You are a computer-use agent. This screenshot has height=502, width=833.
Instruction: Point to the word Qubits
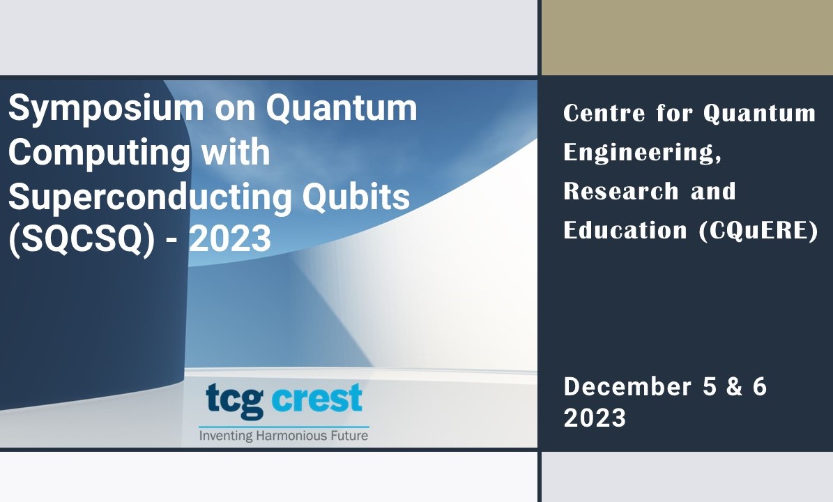[356, 197]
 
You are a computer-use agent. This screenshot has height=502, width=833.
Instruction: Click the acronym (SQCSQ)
[82, 239]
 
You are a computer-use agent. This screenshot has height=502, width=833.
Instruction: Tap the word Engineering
[642, 153]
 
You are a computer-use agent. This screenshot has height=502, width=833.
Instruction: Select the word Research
[621, 191]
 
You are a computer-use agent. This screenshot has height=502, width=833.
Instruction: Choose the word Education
[625, 231]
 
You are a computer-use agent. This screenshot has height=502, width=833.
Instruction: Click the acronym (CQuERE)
[758, 231]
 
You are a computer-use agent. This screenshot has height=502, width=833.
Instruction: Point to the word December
[627, 387]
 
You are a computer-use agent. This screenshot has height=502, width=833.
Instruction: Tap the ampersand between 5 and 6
[734, 387]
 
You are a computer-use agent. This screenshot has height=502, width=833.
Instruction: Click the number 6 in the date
[760, 387]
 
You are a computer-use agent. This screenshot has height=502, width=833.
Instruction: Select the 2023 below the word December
[595, 418]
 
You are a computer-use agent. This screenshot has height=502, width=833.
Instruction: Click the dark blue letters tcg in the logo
[234, 400]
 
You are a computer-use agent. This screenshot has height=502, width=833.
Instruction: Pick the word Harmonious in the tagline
[290, 436]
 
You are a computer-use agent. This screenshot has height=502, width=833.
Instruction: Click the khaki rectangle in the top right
[687, 37]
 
